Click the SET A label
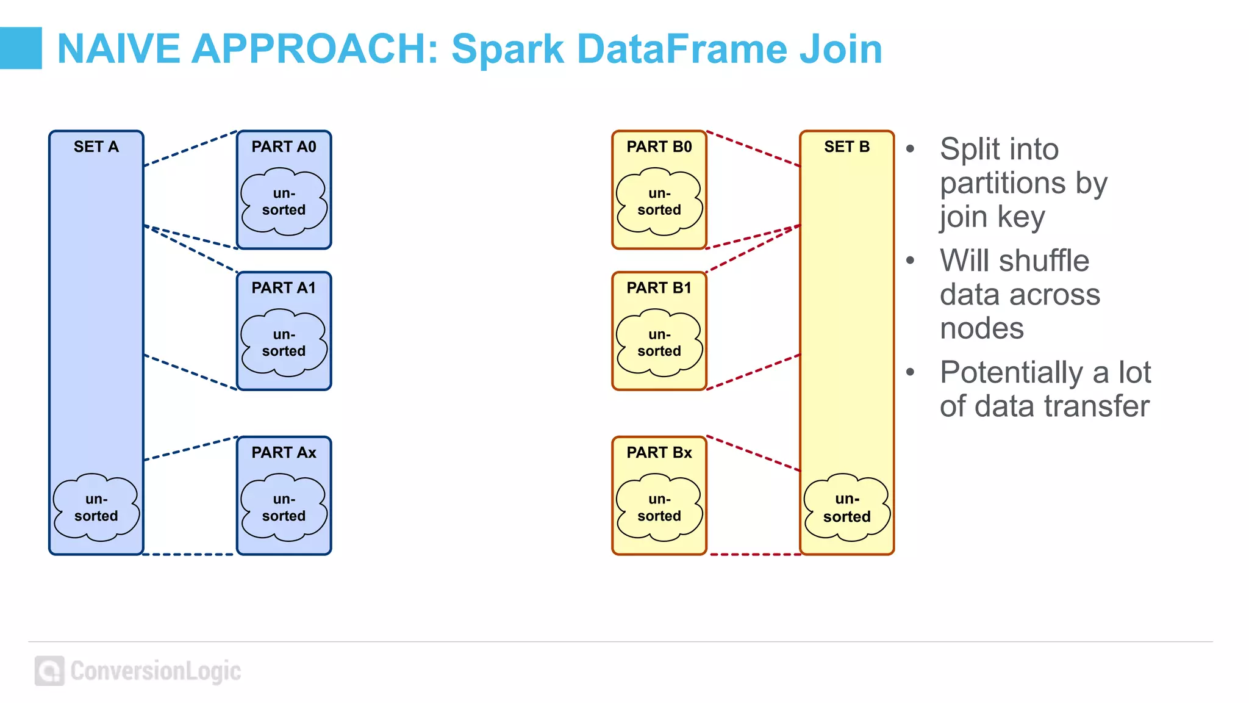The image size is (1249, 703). click(x=96, y=147)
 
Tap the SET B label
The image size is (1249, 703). click(x=846, y=147)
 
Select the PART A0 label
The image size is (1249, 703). click(x=284, y=147)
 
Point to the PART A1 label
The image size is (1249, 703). click(x=284, y=288)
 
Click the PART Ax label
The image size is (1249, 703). click(x=284, y=453)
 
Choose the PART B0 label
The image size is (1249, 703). click(x=659, y=147)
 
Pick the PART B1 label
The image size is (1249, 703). click(x=659, y=288)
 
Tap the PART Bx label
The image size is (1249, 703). click(x=659, y=453)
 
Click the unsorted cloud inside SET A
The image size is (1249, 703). click(x=96, y=508)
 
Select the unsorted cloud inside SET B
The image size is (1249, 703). click(x=846, y=508)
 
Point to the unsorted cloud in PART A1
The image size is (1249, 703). click(x=284, y=343)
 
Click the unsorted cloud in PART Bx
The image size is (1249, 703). click(x=659, y=508)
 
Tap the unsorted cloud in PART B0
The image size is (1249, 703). click(x=659, y=202)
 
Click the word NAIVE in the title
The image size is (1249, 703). click(x=118, y=49)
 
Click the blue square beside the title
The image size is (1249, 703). click(x=21, y=48)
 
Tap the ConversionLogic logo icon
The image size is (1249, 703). click(x=49, y=671)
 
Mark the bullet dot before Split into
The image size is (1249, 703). click(x=910, y=149)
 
